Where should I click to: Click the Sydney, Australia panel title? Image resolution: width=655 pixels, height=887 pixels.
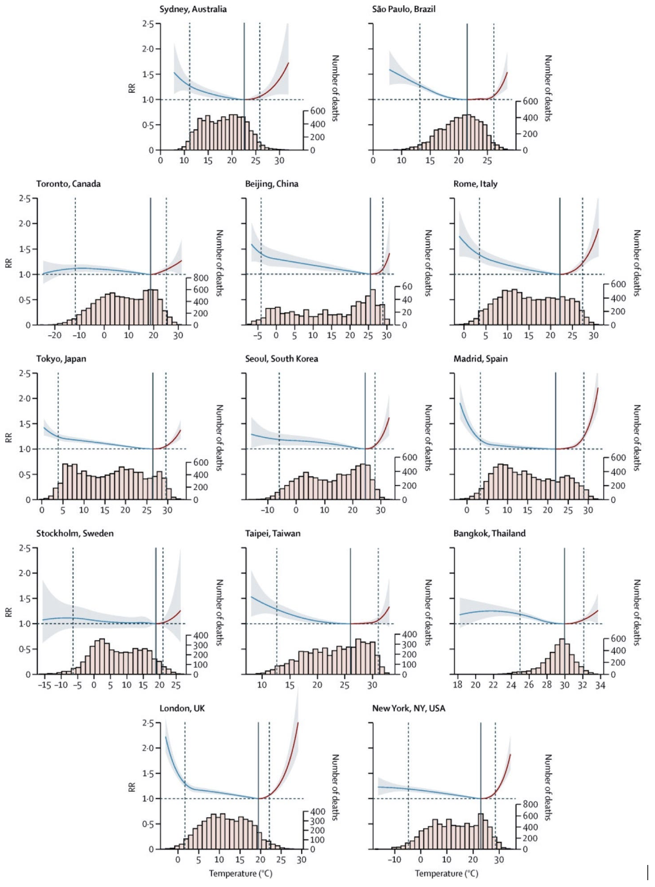193,9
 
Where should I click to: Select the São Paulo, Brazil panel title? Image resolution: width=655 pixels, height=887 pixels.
403,9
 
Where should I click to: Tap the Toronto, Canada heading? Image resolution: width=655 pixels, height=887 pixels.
68,184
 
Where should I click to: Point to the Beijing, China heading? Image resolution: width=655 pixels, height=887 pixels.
272,184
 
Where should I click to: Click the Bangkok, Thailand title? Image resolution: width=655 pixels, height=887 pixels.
489,533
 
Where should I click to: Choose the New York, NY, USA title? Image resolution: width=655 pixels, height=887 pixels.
408,708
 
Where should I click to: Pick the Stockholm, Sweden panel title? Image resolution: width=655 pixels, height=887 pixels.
75,533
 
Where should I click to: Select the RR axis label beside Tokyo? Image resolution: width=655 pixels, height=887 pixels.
9,437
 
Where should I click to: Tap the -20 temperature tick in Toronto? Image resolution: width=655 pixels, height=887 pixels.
54,336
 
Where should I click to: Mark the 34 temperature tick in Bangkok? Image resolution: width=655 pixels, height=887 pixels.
600,685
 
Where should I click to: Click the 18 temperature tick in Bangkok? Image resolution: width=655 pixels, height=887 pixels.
458,685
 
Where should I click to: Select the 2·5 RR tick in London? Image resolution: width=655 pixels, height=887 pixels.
148,723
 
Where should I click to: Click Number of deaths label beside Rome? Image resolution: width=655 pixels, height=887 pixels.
637,263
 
